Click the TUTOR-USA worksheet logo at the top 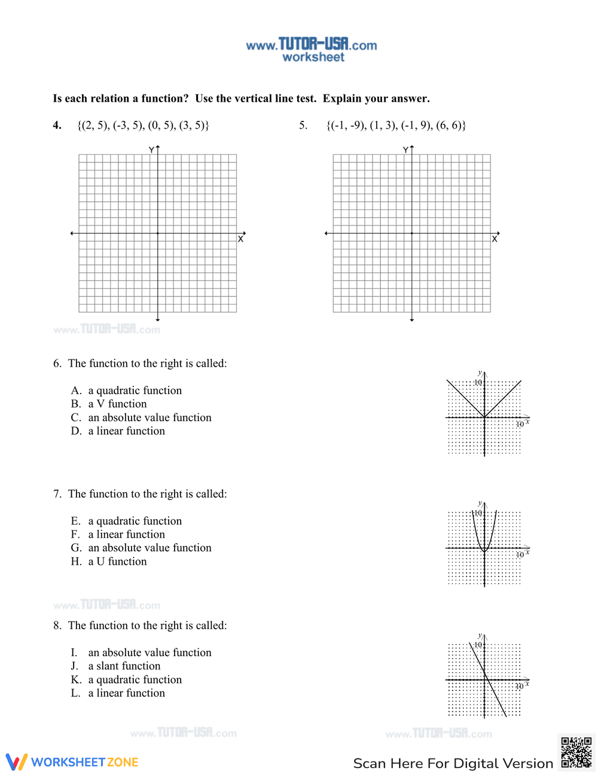[312, 49]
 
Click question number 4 [57, 125]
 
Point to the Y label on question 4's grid [152, 150]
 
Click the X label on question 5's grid [495, 239]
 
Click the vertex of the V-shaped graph [484, 417]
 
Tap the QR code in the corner [576, 752]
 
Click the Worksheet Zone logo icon [16, 761]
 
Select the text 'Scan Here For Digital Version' [453, 763]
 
